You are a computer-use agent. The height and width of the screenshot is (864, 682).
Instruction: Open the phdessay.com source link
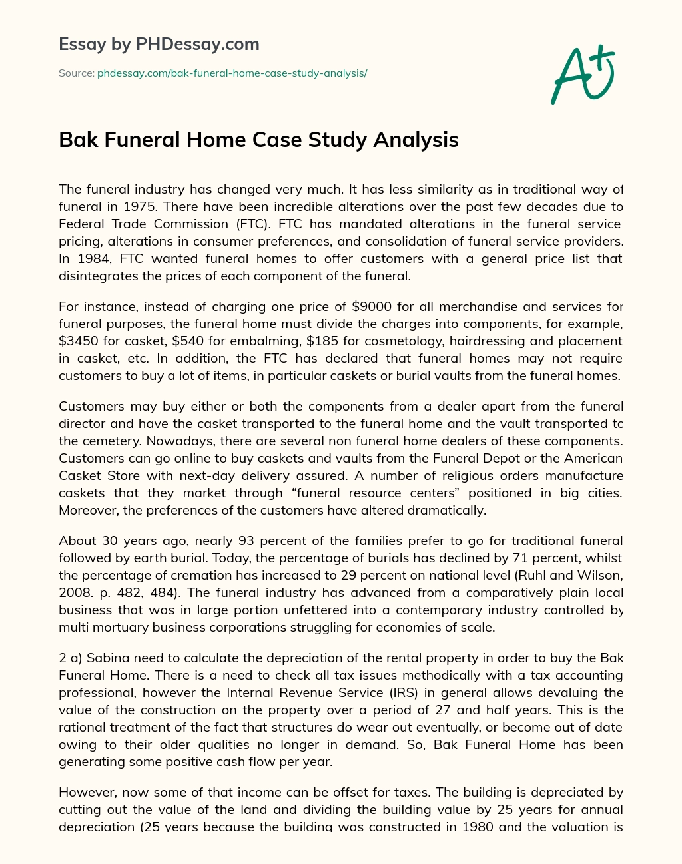click(x=232, y=73)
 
